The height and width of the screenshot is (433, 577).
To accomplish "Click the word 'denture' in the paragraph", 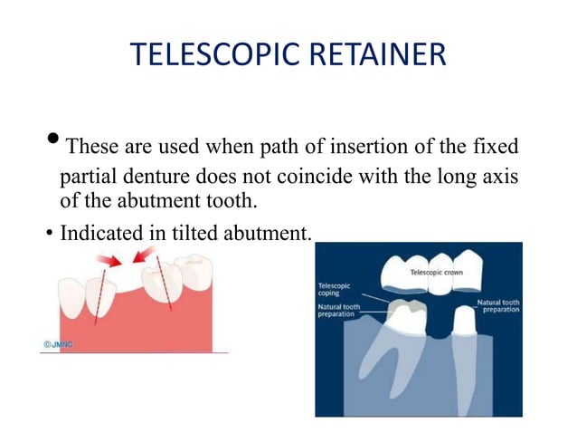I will coord(159,173).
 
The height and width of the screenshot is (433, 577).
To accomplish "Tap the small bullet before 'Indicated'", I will coord(48,235).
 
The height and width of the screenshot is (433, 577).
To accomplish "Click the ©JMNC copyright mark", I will coord(59,344).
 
